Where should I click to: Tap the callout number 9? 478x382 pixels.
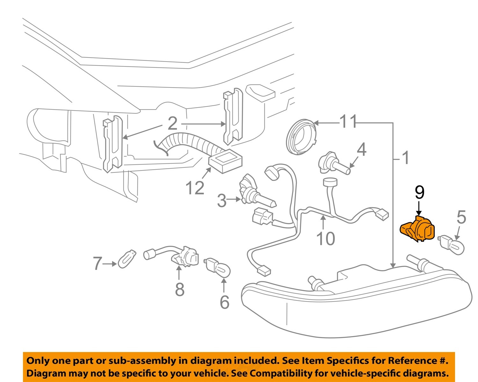419,192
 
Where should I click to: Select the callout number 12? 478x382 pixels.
195,188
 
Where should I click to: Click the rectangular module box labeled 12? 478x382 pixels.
225,162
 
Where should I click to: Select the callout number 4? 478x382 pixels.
361,150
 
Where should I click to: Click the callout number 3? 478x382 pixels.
222,200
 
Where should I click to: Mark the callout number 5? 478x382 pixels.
461,217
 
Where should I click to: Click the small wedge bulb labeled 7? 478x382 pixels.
127,259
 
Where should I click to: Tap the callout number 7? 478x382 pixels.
98,264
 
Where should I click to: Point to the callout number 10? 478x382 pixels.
326,238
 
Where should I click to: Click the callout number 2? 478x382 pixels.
172,124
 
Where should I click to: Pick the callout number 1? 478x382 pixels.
406,158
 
